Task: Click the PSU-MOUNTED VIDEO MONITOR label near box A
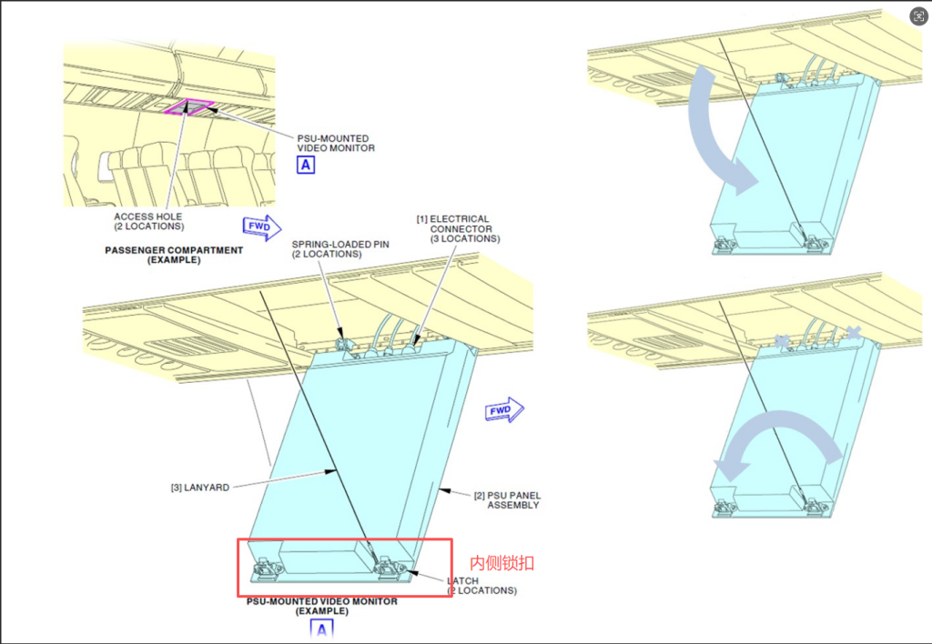pyautogui.click(x=336, y=143)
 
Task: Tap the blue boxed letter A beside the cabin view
pyautogui.click(x=306, y=165)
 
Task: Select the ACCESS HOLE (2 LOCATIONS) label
pyautogui.click(x=148, y=222)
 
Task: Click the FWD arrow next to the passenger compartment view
pyautogui.click(x=262, y=227)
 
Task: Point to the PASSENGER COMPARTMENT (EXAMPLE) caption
pyautogui.click(x=174, y=255)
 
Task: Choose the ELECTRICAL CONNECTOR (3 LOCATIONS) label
pyautogui.click(x=459, y=228)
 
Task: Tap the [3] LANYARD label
pyautogui.click(x=199, y=488)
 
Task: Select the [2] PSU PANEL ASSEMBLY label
pyautogui.click(x=507, y=500)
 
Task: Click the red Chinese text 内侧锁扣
pyautogui.click(x=502, y=563)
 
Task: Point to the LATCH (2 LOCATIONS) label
pyautogui.click(x=482, y=586)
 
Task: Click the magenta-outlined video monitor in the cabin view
pyautogui.click(x=189, y=107)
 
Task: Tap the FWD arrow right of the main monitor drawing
pyautogui.click(x=504, y=410)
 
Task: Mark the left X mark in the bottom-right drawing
pyautogui.click(x=782, y=340)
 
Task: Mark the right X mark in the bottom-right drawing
pyautogui.click(x=854, y=333)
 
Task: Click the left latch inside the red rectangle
pyautogui.click(x=268, y=569)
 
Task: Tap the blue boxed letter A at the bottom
pyautogui.click(x=321, y=629)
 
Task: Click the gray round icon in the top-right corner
pyautogui.click(x=919, y=16)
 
